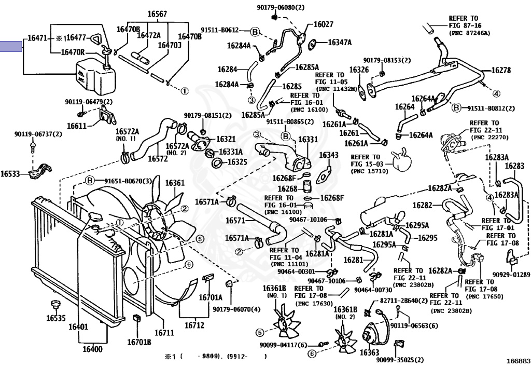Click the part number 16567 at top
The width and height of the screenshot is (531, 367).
(x=157, y=14)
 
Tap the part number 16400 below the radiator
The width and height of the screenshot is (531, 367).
(x=92, y=349)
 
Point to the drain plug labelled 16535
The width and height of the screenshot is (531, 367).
(x=53, y=304)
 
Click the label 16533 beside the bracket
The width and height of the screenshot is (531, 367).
(x=10, y=174)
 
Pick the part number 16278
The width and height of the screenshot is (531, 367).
(x=501, y=70)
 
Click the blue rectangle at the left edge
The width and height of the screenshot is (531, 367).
(x=11, y=46)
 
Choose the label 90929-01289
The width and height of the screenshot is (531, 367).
(x=511, y=275)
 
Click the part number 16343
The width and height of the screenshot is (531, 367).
(x=329, y=155)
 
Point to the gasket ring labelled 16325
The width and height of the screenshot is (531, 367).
(x=217, y=164)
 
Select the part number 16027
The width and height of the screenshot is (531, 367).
(x=324, y=24)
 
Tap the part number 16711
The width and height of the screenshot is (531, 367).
(x=164, y=333)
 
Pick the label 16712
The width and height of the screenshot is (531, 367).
(x=194, y=325)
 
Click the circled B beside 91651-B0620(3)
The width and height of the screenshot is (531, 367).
(x=89, y=181)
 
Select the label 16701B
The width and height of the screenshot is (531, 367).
(x=139, y=342)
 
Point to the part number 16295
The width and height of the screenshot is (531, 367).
(x=428, y=238)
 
